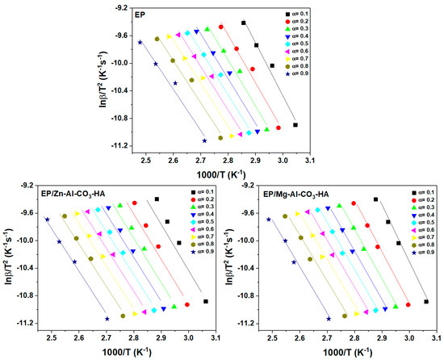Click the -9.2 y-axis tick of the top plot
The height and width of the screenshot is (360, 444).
point(119,8)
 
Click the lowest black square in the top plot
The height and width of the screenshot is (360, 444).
point(295,125)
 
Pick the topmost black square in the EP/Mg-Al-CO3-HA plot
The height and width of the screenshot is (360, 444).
point(376,199)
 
